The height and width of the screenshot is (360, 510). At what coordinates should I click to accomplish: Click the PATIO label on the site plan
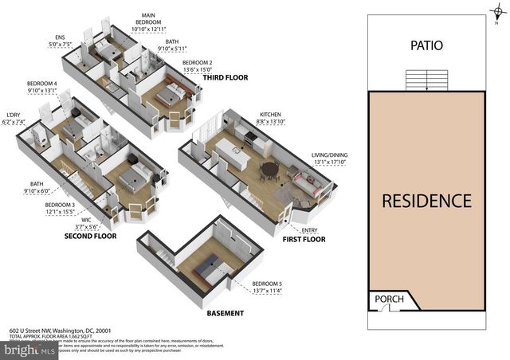click(426, 46)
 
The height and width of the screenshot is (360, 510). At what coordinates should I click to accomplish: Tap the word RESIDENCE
click(426, 201)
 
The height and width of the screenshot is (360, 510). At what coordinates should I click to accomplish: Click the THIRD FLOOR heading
click(225, 78)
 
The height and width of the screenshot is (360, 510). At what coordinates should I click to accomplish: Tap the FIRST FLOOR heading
click(304, 239)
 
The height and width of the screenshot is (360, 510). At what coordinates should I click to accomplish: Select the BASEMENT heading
click(226, 313)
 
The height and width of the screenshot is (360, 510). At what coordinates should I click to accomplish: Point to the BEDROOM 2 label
click(197, 62)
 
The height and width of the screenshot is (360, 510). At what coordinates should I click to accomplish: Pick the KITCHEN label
click(270, 115)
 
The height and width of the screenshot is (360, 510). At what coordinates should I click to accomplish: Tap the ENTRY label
click(308, 230)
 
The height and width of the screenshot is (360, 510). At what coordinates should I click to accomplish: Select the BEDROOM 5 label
click(267, 284)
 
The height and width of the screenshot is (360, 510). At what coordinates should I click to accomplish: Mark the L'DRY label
click(15, 115)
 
